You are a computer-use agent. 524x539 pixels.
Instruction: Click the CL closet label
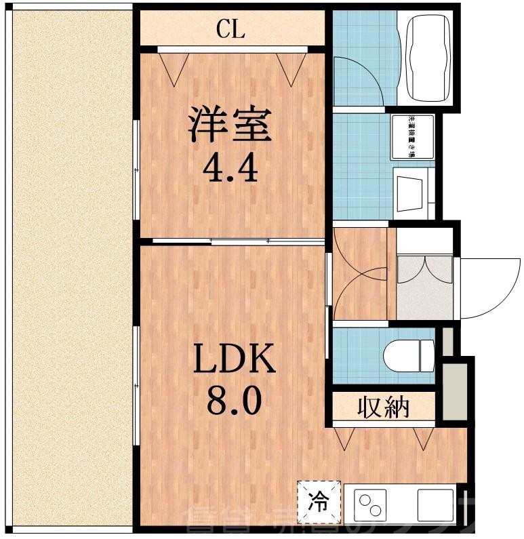(230, 29)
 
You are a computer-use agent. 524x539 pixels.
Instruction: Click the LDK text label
(235, 359)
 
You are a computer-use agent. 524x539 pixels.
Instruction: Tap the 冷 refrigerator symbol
(317, 502)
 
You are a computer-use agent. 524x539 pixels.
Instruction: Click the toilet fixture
(408, 354)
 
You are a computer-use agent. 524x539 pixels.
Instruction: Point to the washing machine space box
(411, 138)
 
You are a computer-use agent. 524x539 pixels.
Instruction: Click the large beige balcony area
(68, 264)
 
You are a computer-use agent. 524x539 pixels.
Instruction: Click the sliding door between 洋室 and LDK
(230, 241)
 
